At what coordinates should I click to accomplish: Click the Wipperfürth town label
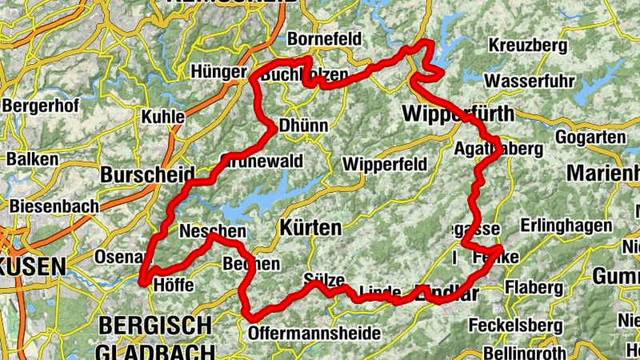point(458,113)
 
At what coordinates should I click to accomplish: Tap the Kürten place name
point(310,228)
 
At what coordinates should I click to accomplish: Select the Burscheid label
point(148,174)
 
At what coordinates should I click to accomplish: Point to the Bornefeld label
point(324,38)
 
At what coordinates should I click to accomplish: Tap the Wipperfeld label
point(380,164)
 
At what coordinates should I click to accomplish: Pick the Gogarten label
point(594,138)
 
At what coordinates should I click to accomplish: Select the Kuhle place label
point(162,117)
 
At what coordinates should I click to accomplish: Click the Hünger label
point(218,72)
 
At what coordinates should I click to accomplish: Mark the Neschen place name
point(212,232)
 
